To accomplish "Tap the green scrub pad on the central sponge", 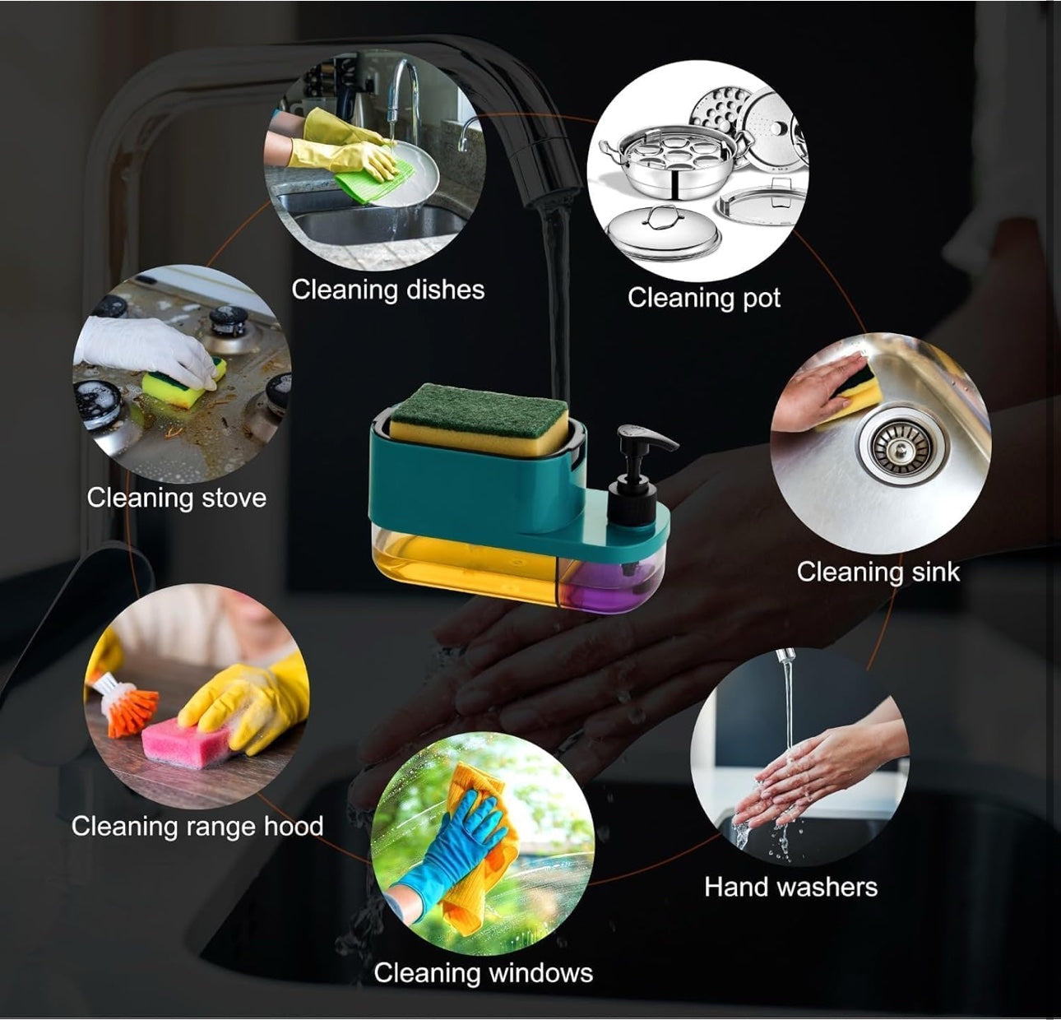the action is pos(480,408).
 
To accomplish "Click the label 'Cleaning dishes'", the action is pos(387,290).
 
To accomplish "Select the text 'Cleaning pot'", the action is pos(704,298).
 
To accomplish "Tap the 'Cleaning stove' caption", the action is pos(177,498).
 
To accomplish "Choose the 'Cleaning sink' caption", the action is pos(878,572).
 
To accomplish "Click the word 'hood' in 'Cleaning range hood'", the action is pos(294,826).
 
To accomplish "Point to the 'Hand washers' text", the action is pos(790,887).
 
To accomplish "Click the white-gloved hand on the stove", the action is pos(146,350).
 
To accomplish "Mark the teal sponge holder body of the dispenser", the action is pos(477,480).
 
